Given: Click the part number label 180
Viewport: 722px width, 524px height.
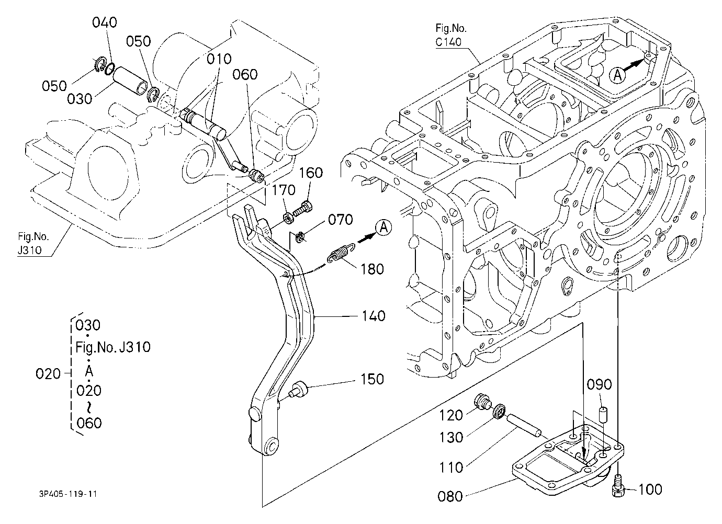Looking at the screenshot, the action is click(x=373, y=269).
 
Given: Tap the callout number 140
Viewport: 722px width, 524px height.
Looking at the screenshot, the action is click(x=374, y=316).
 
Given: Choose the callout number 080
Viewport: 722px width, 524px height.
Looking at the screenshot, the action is click(x=450, y=497).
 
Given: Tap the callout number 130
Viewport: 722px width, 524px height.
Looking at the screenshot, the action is click(x=451, y=438).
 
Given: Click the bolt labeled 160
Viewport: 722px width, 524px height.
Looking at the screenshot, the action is click(x=303, y=209).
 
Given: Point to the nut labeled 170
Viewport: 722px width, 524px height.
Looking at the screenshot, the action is click(x=288, y=219).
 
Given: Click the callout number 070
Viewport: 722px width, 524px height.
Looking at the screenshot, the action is click(x=341, y=220).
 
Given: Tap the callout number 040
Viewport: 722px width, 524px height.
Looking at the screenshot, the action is click(x=105, y=22).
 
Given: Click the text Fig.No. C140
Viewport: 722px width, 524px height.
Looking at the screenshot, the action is click(x=450, y=35).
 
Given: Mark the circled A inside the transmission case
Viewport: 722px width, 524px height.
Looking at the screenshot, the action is click(x=617, y=75).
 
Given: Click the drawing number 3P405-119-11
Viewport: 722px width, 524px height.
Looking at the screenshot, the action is click(x=68, y=494).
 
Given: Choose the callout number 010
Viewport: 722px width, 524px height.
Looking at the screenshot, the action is click(x=219, y=59).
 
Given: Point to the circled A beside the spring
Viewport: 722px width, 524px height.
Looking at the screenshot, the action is click(x=384, y=228).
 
